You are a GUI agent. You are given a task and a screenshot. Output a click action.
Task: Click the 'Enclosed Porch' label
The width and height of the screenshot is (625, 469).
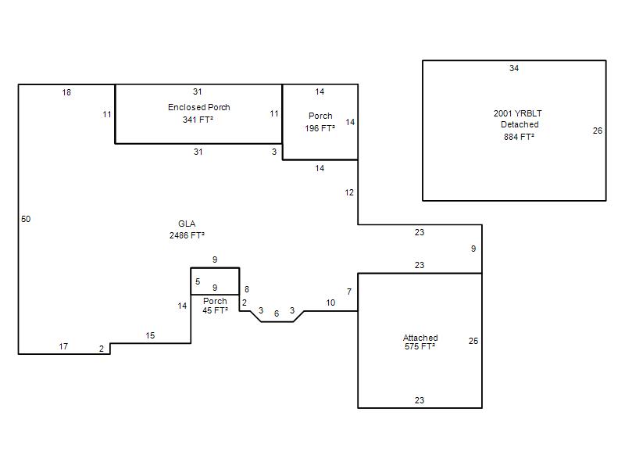coord(199,107)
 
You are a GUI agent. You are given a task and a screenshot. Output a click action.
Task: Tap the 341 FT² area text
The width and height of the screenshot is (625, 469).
coord(198,120)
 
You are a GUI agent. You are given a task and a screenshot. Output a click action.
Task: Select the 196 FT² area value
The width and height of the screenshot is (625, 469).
coord(320,128)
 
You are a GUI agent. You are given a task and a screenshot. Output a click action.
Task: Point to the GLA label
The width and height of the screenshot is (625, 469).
coord(187,224)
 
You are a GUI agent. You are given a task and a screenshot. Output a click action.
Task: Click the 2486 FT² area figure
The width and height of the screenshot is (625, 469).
coord(187,235)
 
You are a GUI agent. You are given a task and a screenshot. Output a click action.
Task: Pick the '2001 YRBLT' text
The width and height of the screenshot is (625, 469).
coord(517,113)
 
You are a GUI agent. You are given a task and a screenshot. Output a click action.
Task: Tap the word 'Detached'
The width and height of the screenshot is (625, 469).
coord(520,124)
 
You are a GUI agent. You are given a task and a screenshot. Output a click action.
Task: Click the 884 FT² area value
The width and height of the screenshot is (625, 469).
coord(519,137)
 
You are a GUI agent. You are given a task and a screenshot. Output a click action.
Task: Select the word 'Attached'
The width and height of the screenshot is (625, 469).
coord(420,338)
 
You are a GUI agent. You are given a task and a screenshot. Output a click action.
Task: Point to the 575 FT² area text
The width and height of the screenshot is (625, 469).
coord(420,346)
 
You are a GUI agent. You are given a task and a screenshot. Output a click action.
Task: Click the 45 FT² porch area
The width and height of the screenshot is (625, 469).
coord(215,310)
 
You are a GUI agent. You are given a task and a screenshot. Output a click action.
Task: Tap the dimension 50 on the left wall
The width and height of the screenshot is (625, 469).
coord(26,219)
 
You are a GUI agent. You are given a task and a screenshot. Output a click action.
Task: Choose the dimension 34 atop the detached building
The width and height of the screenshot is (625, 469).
coord(514,68)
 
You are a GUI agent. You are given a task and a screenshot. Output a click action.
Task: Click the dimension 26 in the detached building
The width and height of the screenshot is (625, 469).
coord(598,131)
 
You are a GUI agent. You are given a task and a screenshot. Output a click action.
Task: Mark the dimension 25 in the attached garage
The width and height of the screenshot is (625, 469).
coord(473,341)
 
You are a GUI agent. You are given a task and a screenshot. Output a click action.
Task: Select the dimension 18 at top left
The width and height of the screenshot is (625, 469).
coord(66,92)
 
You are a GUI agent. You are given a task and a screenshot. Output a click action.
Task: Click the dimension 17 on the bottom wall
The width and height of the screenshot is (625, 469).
coord(63,346)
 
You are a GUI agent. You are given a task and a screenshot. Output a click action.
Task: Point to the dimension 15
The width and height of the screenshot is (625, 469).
coord(150,336)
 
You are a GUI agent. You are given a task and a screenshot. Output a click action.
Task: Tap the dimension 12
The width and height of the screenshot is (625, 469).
coord(349,192)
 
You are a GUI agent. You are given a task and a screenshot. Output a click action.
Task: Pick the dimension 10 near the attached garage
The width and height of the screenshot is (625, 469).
coord(330,303)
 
